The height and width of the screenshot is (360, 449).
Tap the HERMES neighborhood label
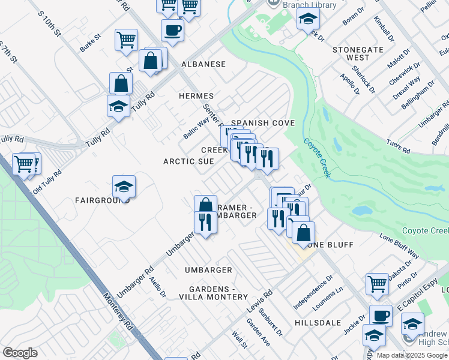pyautogui.click(x=196, y=96)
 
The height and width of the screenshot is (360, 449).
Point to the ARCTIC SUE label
pyautogui.click(x=189, y=161)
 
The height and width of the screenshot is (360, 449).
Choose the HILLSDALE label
pyautogui.click(x=314, y=323)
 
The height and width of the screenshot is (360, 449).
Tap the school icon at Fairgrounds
pyautogui.click(x=124, y=187)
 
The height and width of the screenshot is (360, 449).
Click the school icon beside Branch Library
pyautogui.click(x=308, y=19)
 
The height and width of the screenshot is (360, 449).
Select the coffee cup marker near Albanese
pyautogui.click(x=172, y=30)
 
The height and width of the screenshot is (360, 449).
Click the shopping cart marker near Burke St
pyautogui.click(x=127, y=40)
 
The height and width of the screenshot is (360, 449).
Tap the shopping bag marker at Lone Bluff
pyautogui.click(x=304, y=232)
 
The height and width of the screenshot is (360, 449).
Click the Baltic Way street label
pyautogui.click(x=196, y=128)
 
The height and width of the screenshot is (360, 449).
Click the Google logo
pyautogui.click(x=20, y=353)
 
